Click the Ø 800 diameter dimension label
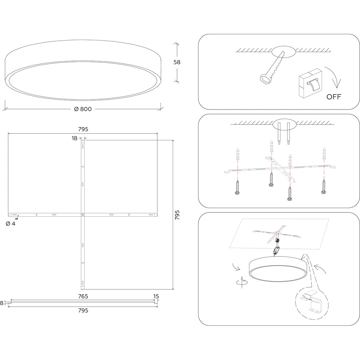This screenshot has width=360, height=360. (x=83, y=109)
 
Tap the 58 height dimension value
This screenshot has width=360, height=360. (x=177, y=62)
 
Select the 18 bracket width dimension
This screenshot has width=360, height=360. (x=75, y=138)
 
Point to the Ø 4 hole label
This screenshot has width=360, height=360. (x=10, y=224)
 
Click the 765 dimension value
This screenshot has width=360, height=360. (x=83, y=296)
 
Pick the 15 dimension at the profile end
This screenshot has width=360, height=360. (x=156, y=296)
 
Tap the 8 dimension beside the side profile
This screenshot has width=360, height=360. (x=2, y=303)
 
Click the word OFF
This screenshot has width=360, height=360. (x=334, y=96)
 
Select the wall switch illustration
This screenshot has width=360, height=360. (x=310, y=84)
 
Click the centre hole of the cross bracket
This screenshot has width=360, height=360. (x=83, y=215)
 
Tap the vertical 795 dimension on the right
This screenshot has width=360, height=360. (x=177, y=215)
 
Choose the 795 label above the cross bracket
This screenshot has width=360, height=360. (x=83, y=129)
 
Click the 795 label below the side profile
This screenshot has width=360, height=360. (x=83, y=310)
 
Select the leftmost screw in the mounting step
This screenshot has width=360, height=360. (x=237, y=188)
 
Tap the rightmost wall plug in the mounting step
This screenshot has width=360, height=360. (x=324, y=153)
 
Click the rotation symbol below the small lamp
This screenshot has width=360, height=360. (x=242, y=282)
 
